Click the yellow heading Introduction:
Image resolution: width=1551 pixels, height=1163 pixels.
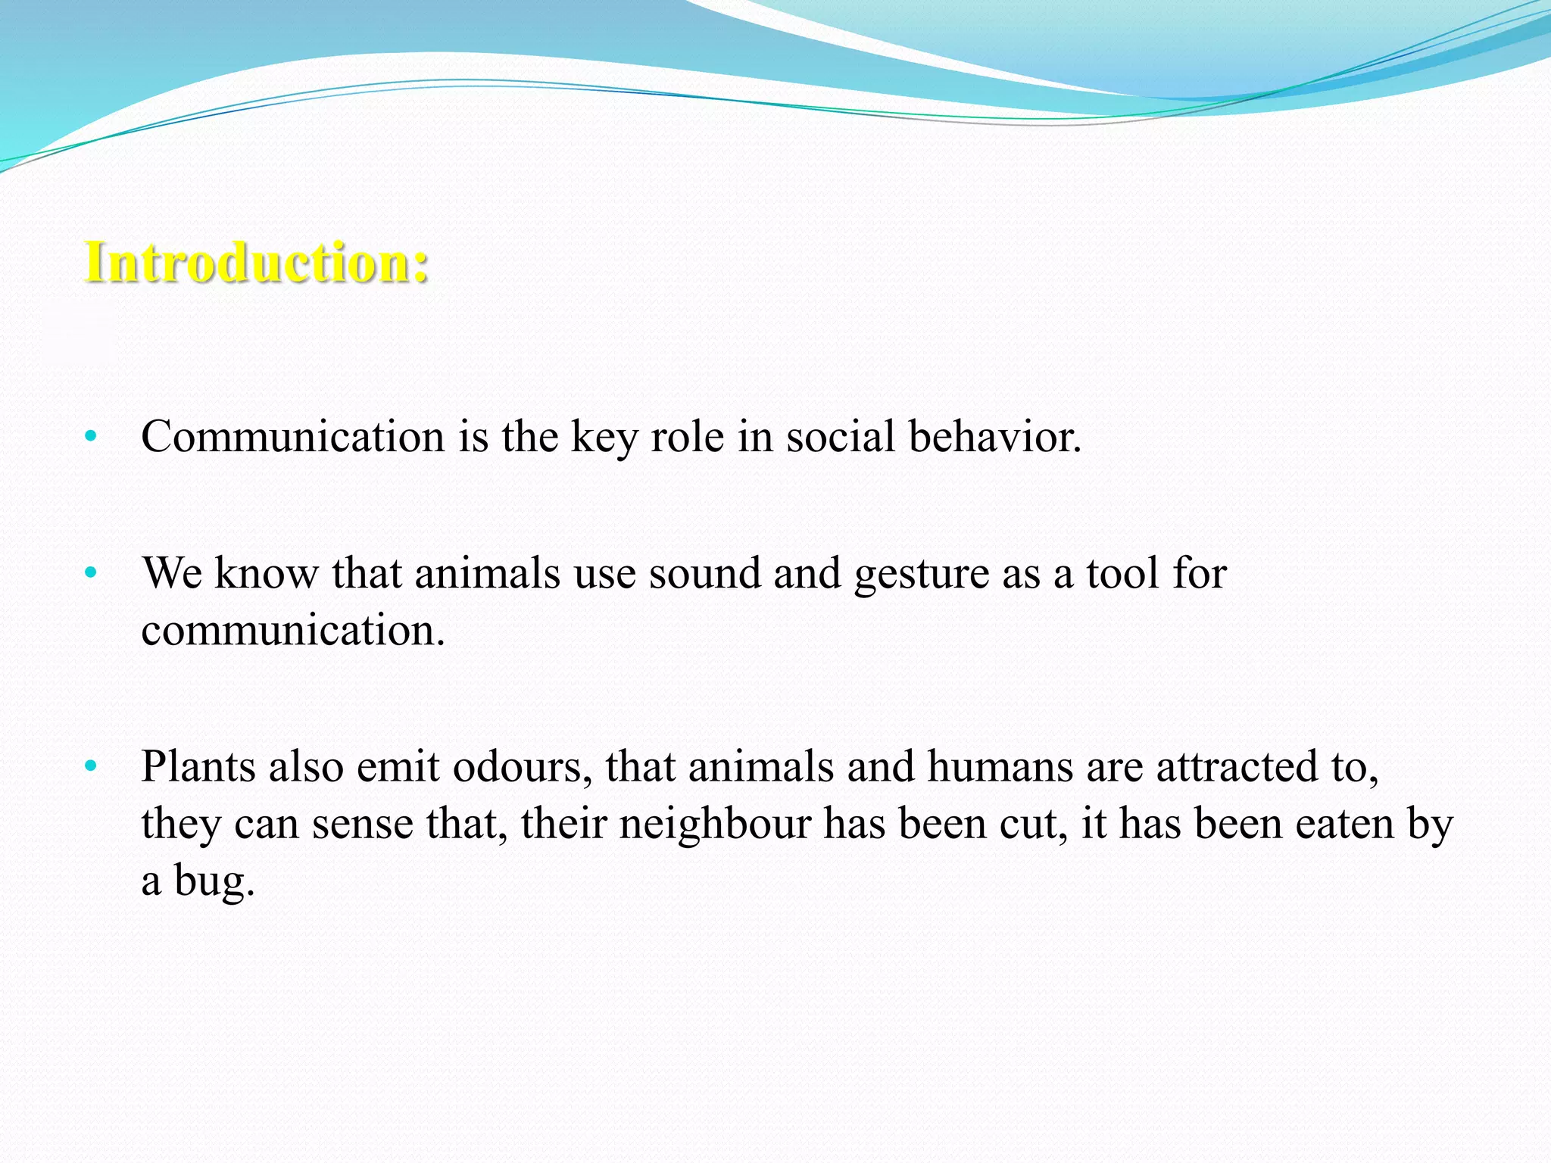pos(256,262)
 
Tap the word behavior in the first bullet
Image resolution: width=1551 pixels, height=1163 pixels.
pos(994,438)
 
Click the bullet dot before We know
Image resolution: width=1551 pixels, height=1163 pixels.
pos(91,572)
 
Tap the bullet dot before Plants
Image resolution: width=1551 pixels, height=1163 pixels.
pos(91,766)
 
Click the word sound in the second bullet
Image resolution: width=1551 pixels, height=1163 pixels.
pos(704,573)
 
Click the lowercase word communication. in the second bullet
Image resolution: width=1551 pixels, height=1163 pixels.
pos(292,630)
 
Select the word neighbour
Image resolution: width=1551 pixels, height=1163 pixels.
pos(715,825)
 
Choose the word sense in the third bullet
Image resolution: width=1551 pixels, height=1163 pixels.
pos(362,825)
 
